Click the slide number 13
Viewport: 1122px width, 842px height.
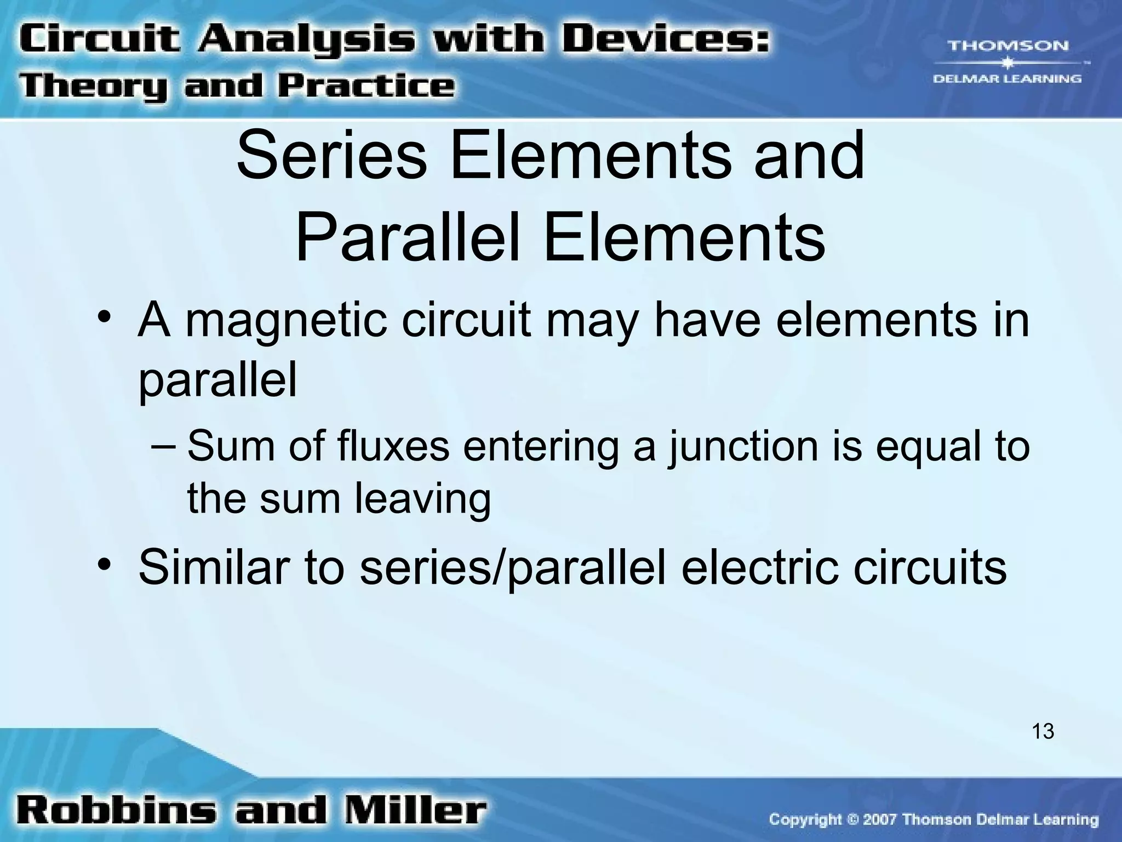coord(1043,731)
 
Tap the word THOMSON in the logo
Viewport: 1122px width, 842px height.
coord(1007,46)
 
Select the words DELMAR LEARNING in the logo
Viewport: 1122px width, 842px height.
coord(1007,79)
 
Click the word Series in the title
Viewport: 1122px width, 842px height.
coord(331,156)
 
